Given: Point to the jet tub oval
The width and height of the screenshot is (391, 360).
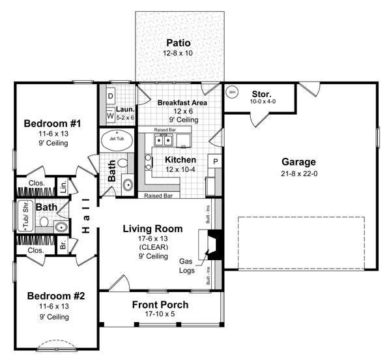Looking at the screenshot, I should [116, 140].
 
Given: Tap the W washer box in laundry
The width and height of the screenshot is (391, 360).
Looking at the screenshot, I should [110, 115].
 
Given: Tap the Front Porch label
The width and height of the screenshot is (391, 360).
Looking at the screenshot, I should [160, 305].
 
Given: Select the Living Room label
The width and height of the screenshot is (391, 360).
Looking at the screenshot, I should [153, 229].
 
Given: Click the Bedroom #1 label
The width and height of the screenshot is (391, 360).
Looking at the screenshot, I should [53, 123].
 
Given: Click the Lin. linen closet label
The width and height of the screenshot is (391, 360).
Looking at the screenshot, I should [63, 185].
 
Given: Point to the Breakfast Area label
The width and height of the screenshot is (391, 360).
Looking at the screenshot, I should [182, 102].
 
